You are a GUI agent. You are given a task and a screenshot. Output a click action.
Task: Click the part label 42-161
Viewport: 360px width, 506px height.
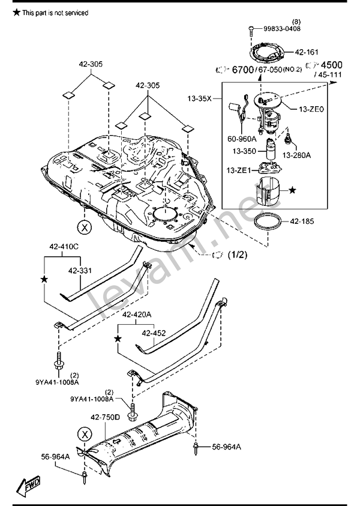pos(307,52)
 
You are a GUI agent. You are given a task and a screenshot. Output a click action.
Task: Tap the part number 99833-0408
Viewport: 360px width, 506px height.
pos(282,29)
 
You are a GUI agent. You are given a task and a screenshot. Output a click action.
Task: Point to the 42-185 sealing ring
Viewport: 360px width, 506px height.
pos(267,222)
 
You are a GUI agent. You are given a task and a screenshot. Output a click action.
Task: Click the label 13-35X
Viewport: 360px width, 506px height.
pos(199,98)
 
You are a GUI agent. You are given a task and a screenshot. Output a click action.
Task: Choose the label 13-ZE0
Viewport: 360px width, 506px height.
pos(311,109)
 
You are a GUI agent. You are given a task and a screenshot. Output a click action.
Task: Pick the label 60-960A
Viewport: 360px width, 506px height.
pos(242,139)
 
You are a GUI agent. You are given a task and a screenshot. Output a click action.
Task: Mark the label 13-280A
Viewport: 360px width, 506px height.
pos(297,155)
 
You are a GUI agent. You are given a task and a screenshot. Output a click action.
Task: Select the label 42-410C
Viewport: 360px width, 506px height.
pos(64,247)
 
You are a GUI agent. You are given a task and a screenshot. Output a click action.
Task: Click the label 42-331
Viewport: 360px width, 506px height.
pos(80,271)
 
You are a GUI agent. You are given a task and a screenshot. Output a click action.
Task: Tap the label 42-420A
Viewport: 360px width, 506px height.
pos(136,315)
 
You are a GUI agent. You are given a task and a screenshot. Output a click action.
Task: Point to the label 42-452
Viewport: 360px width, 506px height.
pos(154,333)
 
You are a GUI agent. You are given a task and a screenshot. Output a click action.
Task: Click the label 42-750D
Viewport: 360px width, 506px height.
pos(105,417)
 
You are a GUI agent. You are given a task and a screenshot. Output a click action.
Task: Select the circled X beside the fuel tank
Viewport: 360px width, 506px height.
pos(85,227)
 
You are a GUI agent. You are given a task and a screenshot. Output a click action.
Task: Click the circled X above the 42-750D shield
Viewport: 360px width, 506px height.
pos(85,435)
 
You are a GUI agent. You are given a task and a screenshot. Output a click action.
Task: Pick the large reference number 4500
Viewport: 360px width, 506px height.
pos(331,65)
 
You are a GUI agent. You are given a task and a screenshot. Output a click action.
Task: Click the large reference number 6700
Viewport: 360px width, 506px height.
pos(242,70)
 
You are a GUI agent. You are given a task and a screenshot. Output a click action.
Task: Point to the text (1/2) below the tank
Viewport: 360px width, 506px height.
pos(238,255)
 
